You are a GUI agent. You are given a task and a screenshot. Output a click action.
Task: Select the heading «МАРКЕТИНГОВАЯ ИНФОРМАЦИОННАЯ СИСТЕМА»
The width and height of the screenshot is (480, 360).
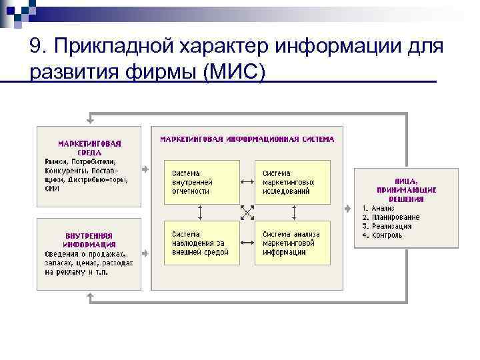(247, 139)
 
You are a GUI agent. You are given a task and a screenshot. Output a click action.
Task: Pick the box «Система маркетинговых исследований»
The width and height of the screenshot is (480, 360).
(292, 181)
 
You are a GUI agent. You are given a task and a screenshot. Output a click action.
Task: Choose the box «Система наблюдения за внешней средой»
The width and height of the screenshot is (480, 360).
(201, 243)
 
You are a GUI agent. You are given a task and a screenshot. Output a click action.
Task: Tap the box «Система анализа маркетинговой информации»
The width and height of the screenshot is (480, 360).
(292, 243)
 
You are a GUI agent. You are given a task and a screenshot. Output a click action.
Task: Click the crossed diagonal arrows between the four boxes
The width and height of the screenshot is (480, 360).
(247, 213)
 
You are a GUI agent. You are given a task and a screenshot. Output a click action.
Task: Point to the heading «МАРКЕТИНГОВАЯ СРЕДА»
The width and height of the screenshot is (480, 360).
(89, 147)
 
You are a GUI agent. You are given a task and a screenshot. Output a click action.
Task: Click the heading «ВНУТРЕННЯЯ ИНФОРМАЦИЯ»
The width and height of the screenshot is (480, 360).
(89, 239)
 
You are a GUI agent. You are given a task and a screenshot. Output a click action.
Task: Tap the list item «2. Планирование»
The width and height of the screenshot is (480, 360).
(391, 217)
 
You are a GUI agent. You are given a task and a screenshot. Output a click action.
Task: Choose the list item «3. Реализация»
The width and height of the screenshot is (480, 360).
(387, 226)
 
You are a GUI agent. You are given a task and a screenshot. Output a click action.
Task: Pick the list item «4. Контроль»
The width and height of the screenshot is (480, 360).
(383, 235)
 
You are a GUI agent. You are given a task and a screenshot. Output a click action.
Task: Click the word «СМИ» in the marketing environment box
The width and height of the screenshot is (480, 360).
(52, 189)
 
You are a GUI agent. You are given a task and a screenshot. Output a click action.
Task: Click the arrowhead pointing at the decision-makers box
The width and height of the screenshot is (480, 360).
(348, 208)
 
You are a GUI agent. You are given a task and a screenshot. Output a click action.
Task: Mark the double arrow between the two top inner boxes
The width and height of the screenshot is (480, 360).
(247, 181)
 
